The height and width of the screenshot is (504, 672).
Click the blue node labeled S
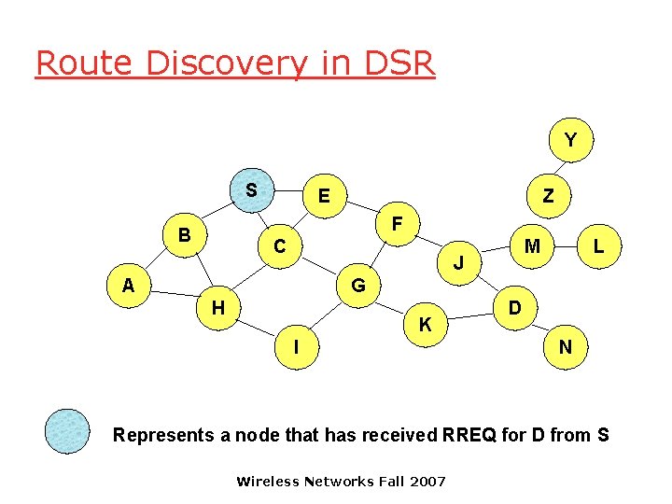pyautogui.click(x=252, y=191)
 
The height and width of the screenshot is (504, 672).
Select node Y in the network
pyautogui.click(x=569, y=140)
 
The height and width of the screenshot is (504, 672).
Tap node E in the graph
pyautogui.click(x=323, y=196)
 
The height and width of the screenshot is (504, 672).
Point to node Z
pyautogui.click(x=548, y=196)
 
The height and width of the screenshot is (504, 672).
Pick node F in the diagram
pyautogui.click(x=398, y=225)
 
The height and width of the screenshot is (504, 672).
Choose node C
pyautogui.click(x=279, y=247)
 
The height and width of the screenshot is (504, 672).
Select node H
pyautogui.click(x=217, y=306)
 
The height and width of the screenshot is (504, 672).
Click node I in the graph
pyautogui.click(x=297, y=346)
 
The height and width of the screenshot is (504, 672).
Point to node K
pyautogui.click(x=425, y=325)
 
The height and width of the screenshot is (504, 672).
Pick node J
pyautogui.click(x=459, y=264)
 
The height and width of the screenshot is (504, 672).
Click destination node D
pyautogui.click(x=514, y=307)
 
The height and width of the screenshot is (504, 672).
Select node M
pyautogui.click(x=533, y=246)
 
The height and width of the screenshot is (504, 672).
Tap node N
pyautogui.click(x=566, y=347)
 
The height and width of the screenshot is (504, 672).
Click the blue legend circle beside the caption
pyautogui.click(x=68, y=431)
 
